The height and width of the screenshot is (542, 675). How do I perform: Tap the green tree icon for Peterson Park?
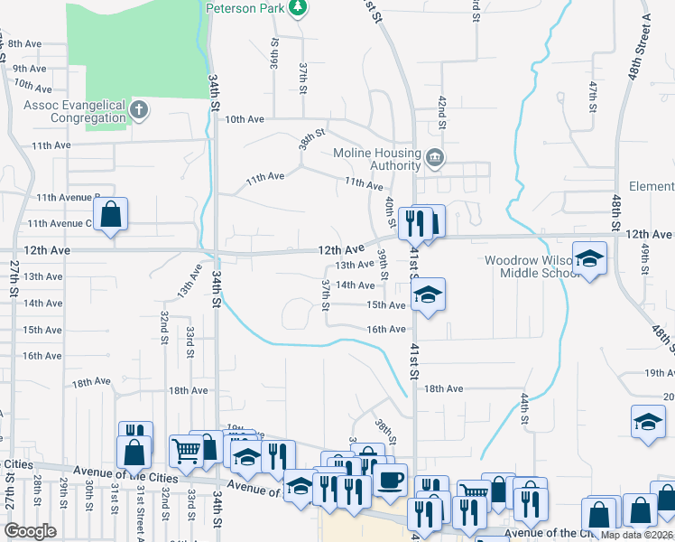298,8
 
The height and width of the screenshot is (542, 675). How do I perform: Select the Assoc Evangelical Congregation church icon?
138,111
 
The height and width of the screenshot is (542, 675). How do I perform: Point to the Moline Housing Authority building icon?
436,159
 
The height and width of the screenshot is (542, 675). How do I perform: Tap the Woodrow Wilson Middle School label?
527,266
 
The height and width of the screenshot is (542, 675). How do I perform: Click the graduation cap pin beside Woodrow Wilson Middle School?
589,259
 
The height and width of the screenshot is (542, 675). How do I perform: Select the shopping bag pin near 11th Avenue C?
110,216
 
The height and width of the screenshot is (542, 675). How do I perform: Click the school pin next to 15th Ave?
429,294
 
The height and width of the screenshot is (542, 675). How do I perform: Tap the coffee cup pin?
390,480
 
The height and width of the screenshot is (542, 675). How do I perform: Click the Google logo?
31,531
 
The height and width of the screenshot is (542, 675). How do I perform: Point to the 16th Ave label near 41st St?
385,330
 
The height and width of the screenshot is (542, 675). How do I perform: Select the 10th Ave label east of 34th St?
244,119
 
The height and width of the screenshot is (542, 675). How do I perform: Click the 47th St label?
594,97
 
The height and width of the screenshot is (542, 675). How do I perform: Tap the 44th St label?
523,408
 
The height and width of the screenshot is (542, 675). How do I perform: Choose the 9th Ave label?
30,69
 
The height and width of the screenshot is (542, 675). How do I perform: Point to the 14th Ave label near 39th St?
354,285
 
